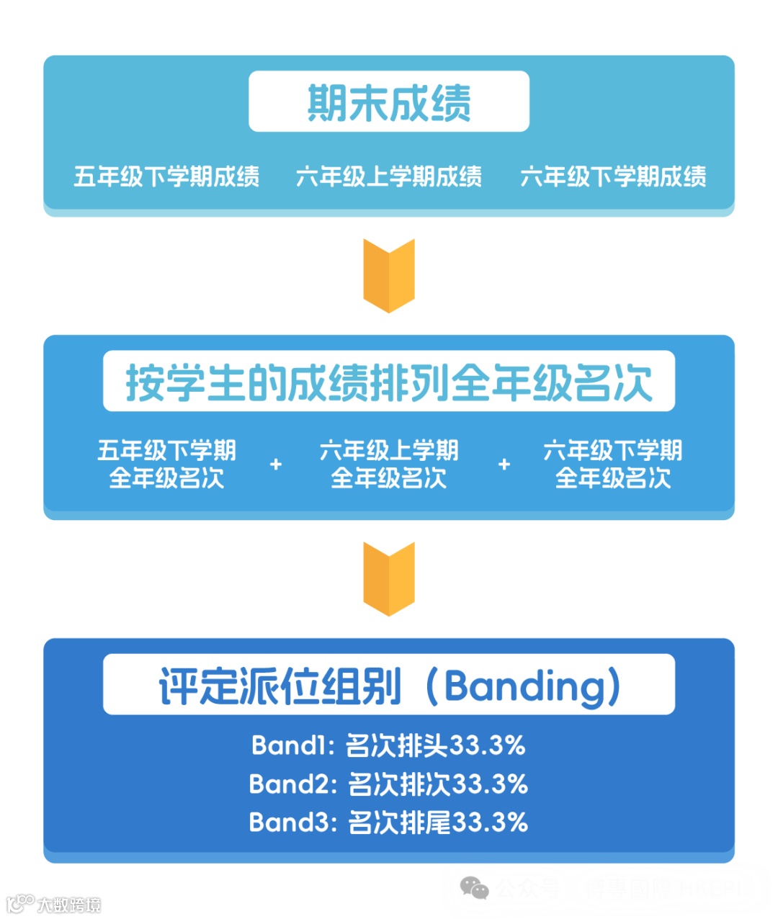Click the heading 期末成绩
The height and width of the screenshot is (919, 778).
coord(389,102)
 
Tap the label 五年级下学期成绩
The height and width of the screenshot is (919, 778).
coord(166,176)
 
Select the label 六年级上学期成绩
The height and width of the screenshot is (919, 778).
coord(389,176)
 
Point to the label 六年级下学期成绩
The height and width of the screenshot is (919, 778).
coord(613,176)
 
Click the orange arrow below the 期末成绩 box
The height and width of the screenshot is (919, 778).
coord(389,276)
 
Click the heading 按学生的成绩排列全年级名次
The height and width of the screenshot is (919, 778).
coord(389,382)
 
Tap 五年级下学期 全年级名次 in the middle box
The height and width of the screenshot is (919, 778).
coord(166,464)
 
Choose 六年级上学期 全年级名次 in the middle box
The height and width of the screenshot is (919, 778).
coord(389,464)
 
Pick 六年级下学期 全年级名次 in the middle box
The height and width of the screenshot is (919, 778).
coord(613,464)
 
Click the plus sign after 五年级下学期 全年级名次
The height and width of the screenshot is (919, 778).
coord(275,465)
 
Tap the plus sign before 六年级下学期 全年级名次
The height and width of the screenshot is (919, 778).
coord(504,465)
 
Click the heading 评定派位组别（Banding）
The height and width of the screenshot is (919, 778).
coord(389,686)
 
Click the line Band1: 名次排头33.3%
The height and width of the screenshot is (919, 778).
coord(389,745)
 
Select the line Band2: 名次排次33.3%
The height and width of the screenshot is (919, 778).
coord(389,784)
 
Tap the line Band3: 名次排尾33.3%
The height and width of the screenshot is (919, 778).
coord(389,822)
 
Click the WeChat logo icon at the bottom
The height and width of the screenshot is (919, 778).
coord(474,888)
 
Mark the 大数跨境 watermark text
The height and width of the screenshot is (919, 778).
coord(69,905)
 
